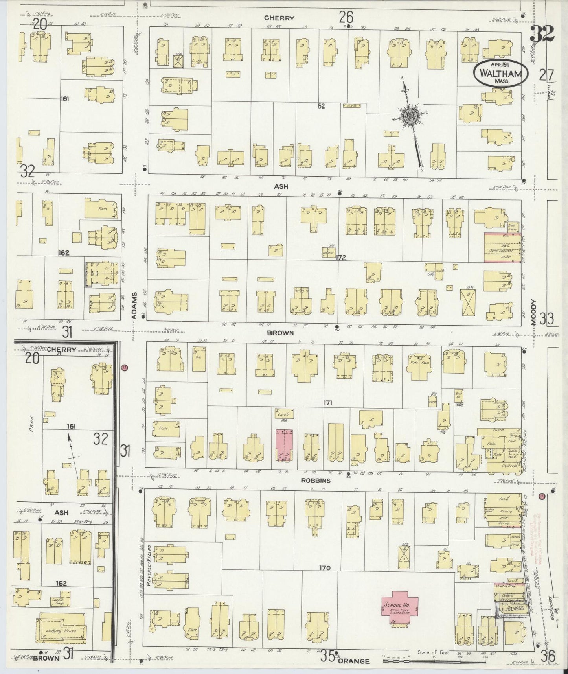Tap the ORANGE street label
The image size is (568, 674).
pos(353,661)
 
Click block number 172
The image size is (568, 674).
pos(340,258)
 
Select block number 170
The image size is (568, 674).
pos(325,568)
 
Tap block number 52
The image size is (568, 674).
pos(321,106)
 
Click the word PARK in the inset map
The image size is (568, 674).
pos(31,423)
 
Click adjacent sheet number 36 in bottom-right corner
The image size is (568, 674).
pos(548,656)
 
